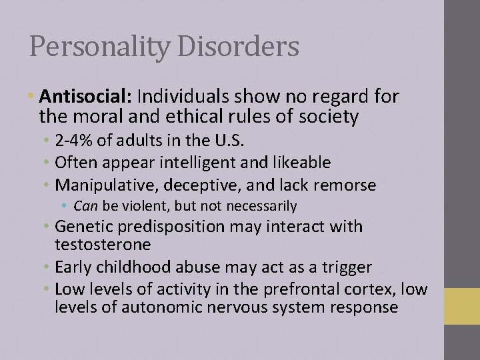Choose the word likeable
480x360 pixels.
tap(296, 163)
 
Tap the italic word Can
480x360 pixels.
tap(85, 206)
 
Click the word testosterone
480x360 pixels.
tap(104, 245)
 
